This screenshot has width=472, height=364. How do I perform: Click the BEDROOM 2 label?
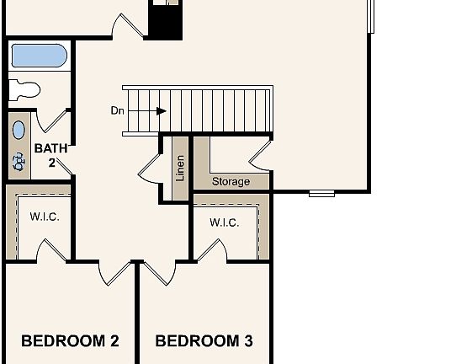tap(70, 341)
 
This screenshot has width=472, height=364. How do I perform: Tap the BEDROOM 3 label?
tap(204, 341)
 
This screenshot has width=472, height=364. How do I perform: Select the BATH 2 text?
tap(50, 155)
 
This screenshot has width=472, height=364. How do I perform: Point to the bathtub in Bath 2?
tap(39, 56)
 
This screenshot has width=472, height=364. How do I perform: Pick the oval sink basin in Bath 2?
tap(19, 131)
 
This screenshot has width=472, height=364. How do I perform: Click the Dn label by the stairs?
tap(118, 110)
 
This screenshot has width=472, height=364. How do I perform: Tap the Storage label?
tap(230, 181)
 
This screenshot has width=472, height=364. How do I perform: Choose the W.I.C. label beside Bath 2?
tap(44, 216)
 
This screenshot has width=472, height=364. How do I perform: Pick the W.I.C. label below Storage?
tap(224, 222)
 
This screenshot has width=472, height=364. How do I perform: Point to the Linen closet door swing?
tap(150, 167)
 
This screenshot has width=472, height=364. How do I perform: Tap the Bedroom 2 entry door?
tap(116, 272)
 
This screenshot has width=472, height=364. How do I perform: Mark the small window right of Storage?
tap(321, 193)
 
